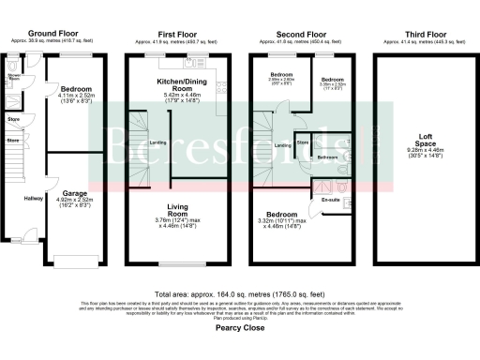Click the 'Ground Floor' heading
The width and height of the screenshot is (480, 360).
[54, 32]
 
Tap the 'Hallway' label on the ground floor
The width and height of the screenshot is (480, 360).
[34, 198]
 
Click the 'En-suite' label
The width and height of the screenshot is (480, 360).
[331, 200]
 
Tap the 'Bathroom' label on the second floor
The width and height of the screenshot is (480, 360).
[327, 157]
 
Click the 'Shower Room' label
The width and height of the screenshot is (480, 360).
[14, 77]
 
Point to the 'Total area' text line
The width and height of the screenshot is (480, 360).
[240, 293]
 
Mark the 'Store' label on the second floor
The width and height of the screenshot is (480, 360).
[303, 142]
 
